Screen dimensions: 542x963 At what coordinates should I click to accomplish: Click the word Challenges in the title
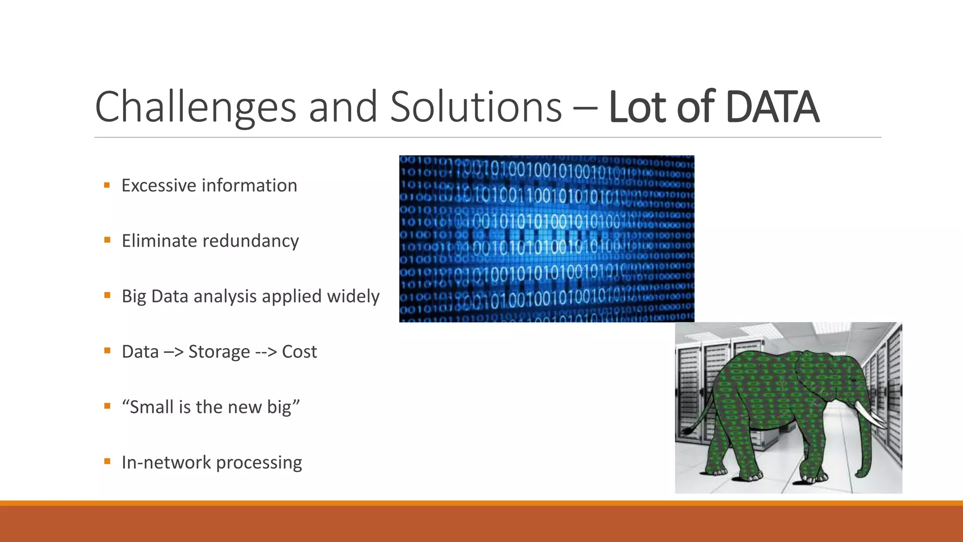tap(195, 107)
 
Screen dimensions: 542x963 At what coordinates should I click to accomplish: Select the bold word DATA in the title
tap(772, 107)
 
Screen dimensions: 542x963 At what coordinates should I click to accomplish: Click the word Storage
tap(219, 352)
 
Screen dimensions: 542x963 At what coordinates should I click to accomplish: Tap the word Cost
tap(299, 352)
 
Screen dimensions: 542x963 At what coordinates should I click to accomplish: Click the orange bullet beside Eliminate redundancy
tap(107, 240)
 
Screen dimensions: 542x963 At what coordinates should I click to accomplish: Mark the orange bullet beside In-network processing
tap(107, 462)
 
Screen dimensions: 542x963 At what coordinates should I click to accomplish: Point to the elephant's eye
tap(852, 380)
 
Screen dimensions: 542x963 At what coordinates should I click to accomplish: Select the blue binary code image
tap(546, 239)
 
